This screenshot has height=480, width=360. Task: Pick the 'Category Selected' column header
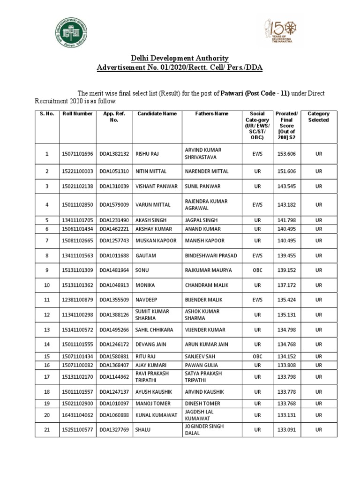[318, 117]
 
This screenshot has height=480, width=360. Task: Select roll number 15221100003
[77, 172]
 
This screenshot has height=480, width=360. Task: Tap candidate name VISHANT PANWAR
[157, 187]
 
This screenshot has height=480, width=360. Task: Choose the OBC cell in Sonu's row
[257, 270]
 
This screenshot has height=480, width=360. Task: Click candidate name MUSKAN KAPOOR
[157, 241]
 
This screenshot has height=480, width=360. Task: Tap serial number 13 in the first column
[46, 330]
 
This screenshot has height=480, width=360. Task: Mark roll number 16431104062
[77, 414]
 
